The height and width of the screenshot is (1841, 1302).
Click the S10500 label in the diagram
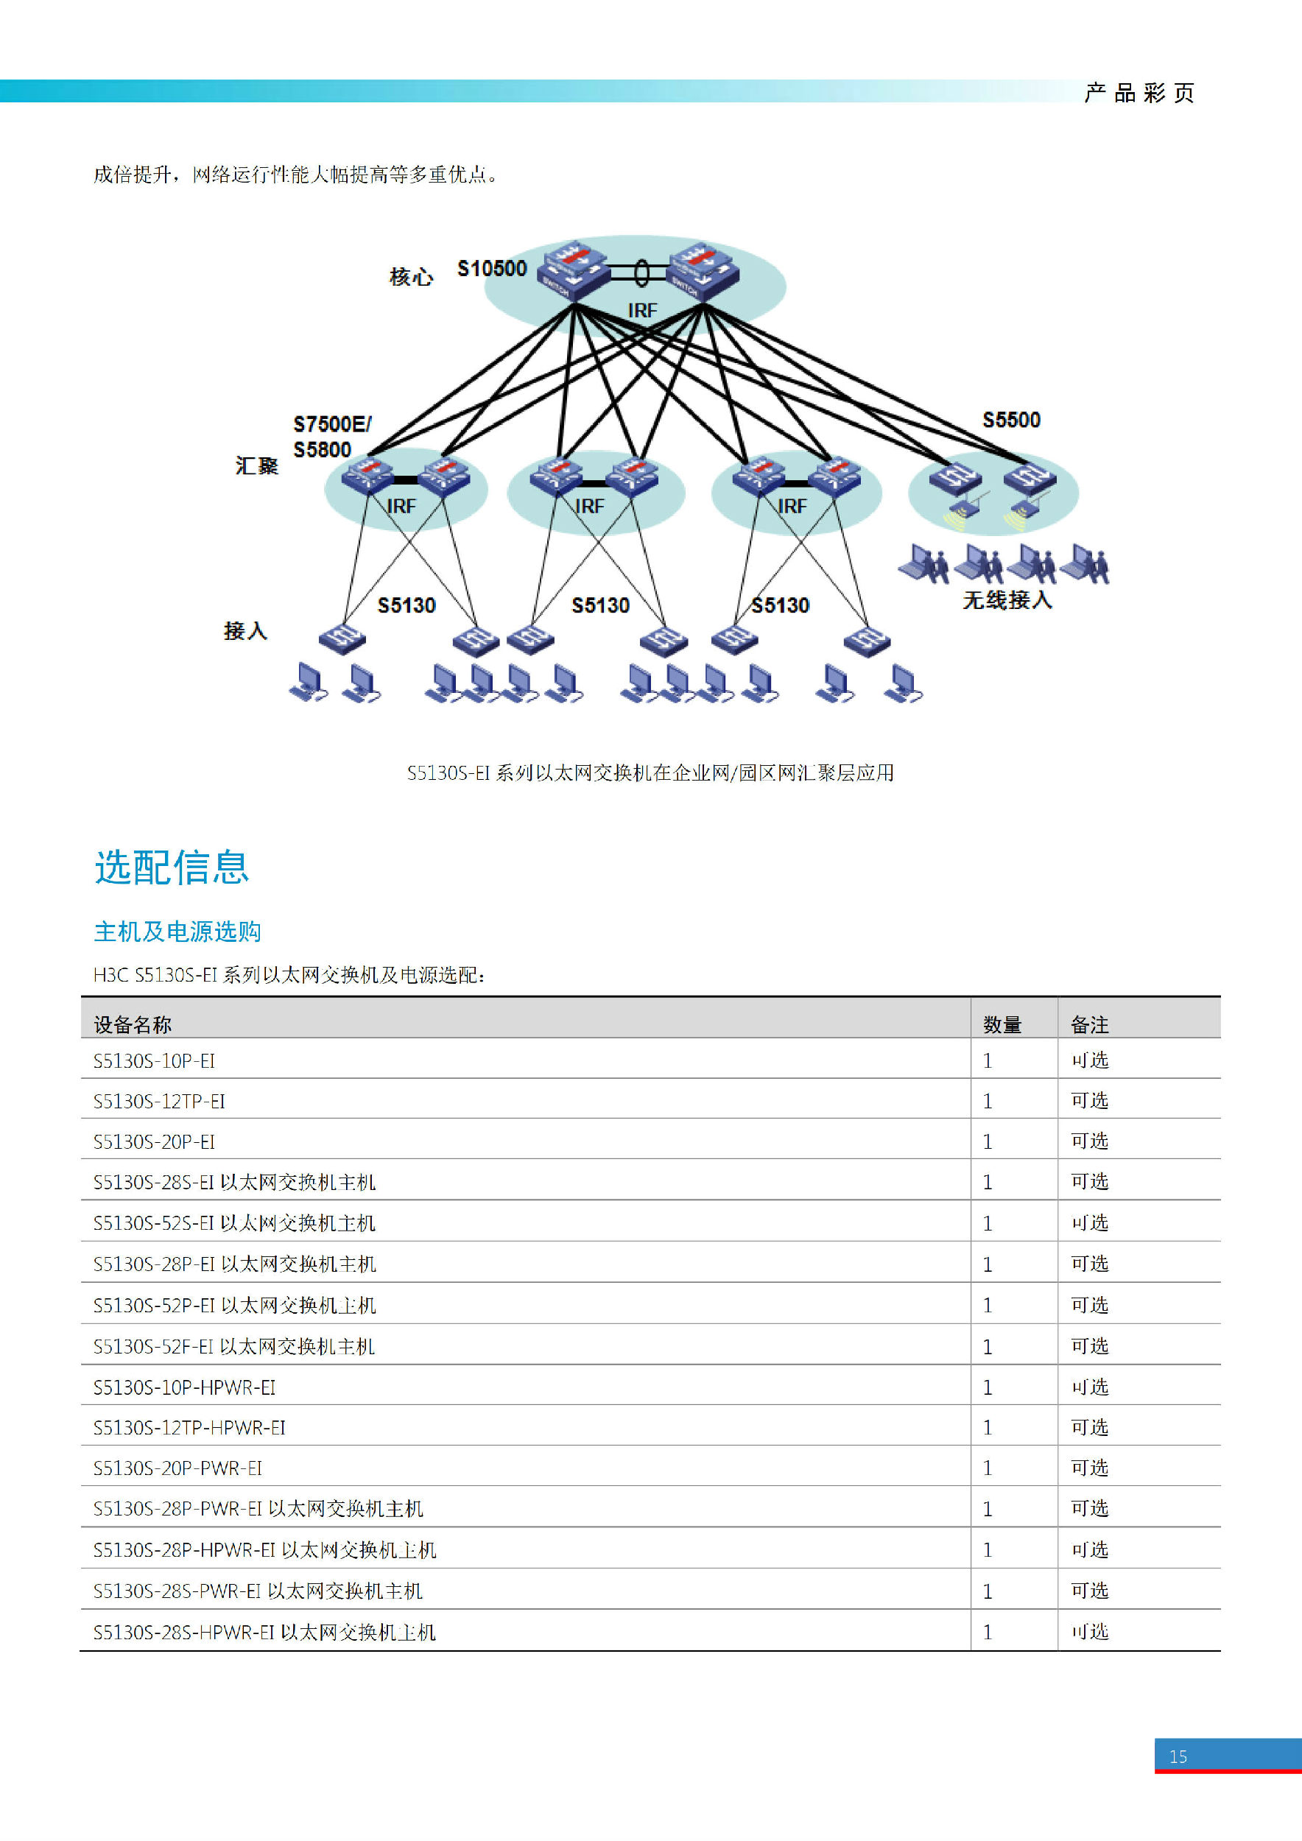pyautogui.click(x=491, y=269)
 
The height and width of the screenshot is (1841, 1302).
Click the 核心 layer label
pyautogui.click(x=411, y=277)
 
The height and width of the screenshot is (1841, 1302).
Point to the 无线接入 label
pyautogui.click(x=1007, y=599)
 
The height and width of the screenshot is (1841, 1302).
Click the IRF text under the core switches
pyautogui.click(x=642, y=310)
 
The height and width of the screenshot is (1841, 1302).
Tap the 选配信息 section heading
pyautogui.click(x=172, y=867)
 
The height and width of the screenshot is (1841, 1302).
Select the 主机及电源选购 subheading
pyautogui.click(x=177, y=931)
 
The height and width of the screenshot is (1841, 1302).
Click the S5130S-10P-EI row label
pyautogui.click(x=154, y=1061)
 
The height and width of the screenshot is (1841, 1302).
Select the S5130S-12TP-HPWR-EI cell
pyautogui.click(x=189, y=1427)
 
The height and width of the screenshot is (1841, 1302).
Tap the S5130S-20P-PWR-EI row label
pyautogui.click(x=177, y=1468)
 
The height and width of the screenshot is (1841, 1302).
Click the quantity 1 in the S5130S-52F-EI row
pyautogui.click(x=988, y=1346)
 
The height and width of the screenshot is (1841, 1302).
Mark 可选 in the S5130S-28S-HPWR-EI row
pyautogui.click(x=1090, y=1631)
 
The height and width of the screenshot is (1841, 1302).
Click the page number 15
pyautogui.click(x=1178, y=1757)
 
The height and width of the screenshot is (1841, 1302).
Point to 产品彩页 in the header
pyautogui.click(x=1139, y=93)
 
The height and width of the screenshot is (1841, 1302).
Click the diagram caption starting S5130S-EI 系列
pyautogui.click(x=650, y=772)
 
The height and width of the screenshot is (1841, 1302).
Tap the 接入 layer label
pyautogui.click(x=245, y=631)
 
